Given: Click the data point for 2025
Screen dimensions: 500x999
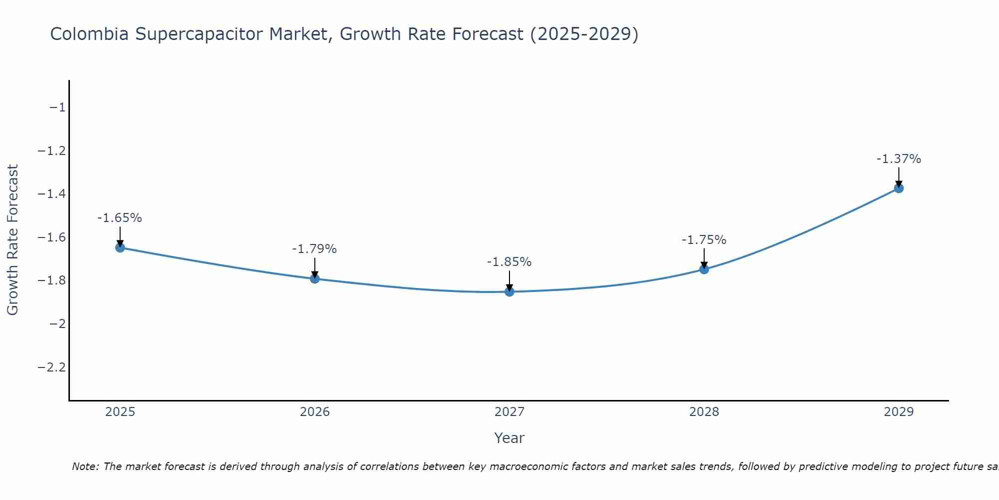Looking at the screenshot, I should [120, 247].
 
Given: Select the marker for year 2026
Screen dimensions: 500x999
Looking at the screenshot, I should [315, 278].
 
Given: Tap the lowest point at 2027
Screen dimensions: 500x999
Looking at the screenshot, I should [509, 291].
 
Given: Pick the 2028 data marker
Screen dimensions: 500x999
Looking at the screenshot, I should [704, 269].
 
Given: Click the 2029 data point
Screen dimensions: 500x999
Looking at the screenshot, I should [899, 188].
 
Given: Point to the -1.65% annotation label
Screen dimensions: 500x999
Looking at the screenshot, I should [120, 218].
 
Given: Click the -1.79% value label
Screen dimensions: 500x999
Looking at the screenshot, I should [315, 249].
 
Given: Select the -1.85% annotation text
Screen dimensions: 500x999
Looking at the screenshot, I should [509, 262].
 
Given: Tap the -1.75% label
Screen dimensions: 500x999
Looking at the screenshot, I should [704, 240].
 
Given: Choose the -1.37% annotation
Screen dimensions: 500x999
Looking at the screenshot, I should [899, 159].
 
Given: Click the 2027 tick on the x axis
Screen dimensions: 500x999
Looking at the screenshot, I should [509, 412].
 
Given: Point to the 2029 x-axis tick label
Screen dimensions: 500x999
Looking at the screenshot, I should [899, 412].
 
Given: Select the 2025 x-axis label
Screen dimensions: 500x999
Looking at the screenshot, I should [120, 412].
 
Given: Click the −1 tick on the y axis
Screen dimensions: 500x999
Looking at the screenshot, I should [57, 107].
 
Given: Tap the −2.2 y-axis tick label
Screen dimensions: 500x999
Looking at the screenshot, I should [51, 367].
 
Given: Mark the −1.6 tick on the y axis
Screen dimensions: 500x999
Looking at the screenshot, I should [51, 237].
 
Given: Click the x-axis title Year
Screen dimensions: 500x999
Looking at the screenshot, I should [509, 438].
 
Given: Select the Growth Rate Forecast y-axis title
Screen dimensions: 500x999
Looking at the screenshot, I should [13, 240].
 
